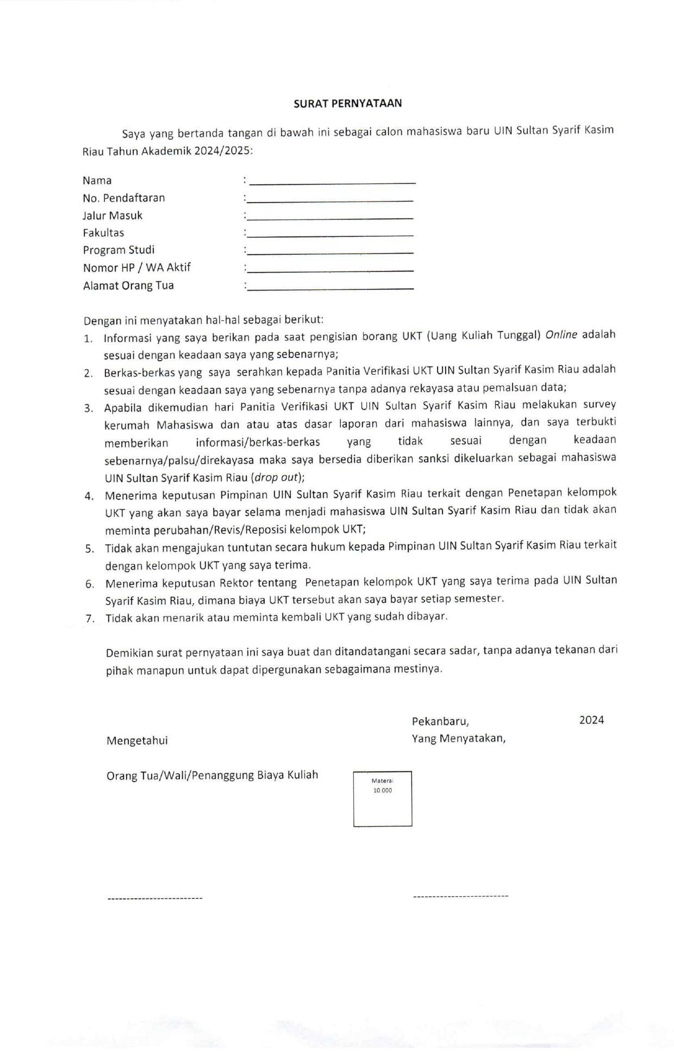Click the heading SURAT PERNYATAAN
coord(347,104)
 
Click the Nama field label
coord(97,180)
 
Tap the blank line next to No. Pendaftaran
coord(330,200)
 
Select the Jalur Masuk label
coord(113,216)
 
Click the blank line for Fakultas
coord(330,235)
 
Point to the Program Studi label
coord(118,250)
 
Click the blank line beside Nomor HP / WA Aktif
coord(330,269)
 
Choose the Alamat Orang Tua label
coord(128,286)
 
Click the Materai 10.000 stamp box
coord(382,798)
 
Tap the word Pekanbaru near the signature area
coord(440,721)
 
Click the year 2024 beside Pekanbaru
coord(591,720)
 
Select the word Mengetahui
coord(137,741)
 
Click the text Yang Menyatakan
coord(458,739)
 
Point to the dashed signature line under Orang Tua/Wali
coord(155,899)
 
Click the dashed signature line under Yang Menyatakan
coord(460,896)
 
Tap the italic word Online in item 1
coord(561,335)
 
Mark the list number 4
coord(89,496)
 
